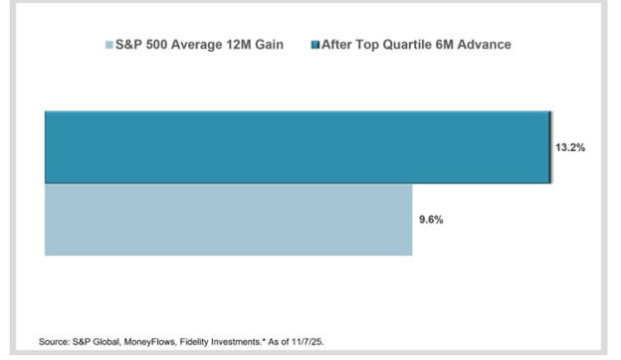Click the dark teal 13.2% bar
298,147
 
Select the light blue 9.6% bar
229,220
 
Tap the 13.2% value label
570,147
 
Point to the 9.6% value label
431,220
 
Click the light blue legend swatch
109,45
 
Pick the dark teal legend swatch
315,45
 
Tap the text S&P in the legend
128,45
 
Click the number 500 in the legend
156,45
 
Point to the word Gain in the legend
269,45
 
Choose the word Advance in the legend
484,45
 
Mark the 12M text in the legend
239,45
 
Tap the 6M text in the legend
444,45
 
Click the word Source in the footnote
54,342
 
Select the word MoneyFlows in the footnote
149,342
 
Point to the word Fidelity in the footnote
194,342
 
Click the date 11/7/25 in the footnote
308,342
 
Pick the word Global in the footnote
106,342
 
